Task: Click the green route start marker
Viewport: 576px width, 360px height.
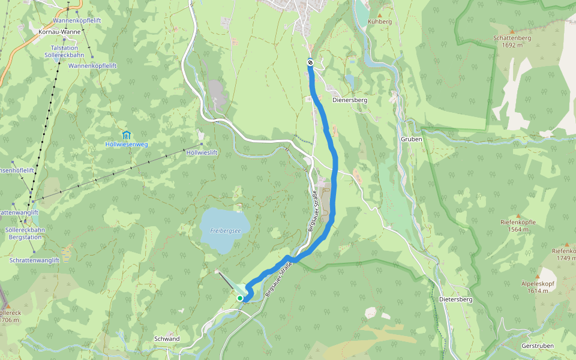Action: point(240,298)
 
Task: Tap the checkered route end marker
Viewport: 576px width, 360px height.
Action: point(310,62)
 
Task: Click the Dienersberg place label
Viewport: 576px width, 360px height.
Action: point(350,100)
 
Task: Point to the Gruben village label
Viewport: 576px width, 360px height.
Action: point(412,139)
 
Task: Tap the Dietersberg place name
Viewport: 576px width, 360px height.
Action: point(456,299)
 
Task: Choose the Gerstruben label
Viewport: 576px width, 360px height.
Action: point(538,346)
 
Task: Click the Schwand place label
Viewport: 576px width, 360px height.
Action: point(167,339)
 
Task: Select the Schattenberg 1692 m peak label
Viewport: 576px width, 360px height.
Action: point(512,41)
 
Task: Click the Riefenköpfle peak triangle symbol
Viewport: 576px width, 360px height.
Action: point(518,215)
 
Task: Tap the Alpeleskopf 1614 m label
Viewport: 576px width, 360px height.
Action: point(538,287)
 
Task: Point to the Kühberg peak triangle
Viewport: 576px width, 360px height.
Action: point(379,15)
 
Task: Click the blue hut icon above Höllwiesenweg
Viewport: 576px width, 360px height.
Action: point(126,134)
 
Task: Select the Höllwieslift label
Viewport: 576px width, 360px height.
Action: point(202,153)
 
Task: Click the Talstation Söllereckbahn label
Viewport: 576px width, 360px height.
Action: point(64,51)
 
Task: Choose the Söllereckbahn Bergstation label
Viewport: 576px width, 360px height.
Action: point(24,233)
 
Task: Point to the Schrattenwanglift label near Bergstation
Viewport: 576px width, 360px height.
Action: point(34,260)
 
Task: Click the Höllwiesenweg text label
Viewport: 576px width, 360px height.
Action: point(127,145)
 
